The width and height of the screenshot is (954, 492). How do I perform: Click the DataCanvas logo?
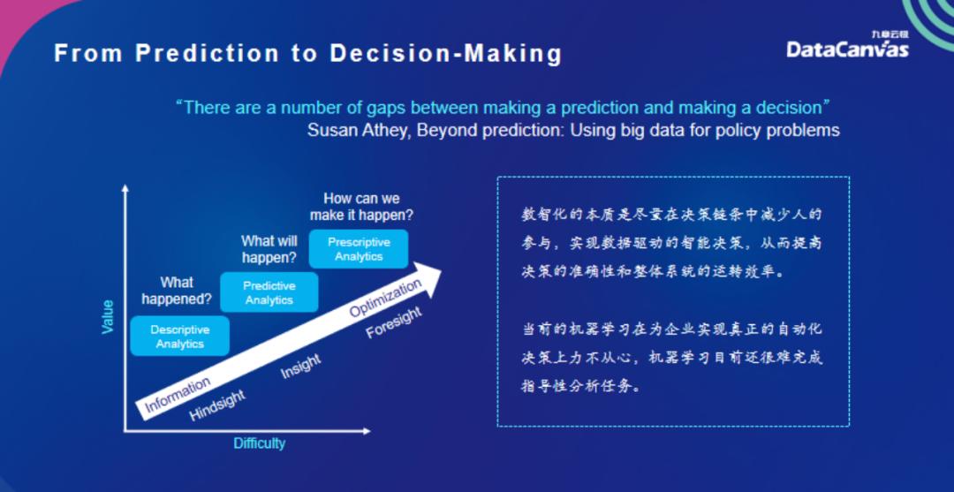click(847, 48)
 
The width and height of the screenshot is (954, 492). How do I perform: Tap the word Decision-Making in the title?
click(446, 54)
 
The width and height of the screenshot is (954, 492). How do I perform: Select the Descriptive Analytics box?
click(180, 337)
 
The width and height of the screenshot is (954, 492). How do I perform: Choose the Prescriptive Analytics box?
click(359, 249)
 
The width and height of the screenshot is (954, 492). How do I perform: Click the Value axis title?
click(108, 316)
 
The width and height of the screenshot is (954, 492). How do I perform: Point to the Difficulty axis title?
click(259, 443)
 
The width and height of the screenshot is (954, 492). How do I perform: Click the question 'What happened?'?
click(177, 290)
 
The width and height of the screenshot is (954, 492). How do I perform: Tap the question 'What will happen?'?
click(269, 248)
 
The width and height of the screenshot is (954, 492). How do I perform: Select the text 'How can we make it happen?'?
click(361, 207)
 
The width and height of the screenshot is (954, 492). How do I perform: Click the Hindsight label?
click(217, 405)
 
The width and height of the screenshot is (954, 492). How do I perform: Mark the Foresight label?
click(394, 323)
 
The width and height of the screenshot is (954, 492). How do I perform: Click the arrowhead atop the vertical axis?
click(125, 188)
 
